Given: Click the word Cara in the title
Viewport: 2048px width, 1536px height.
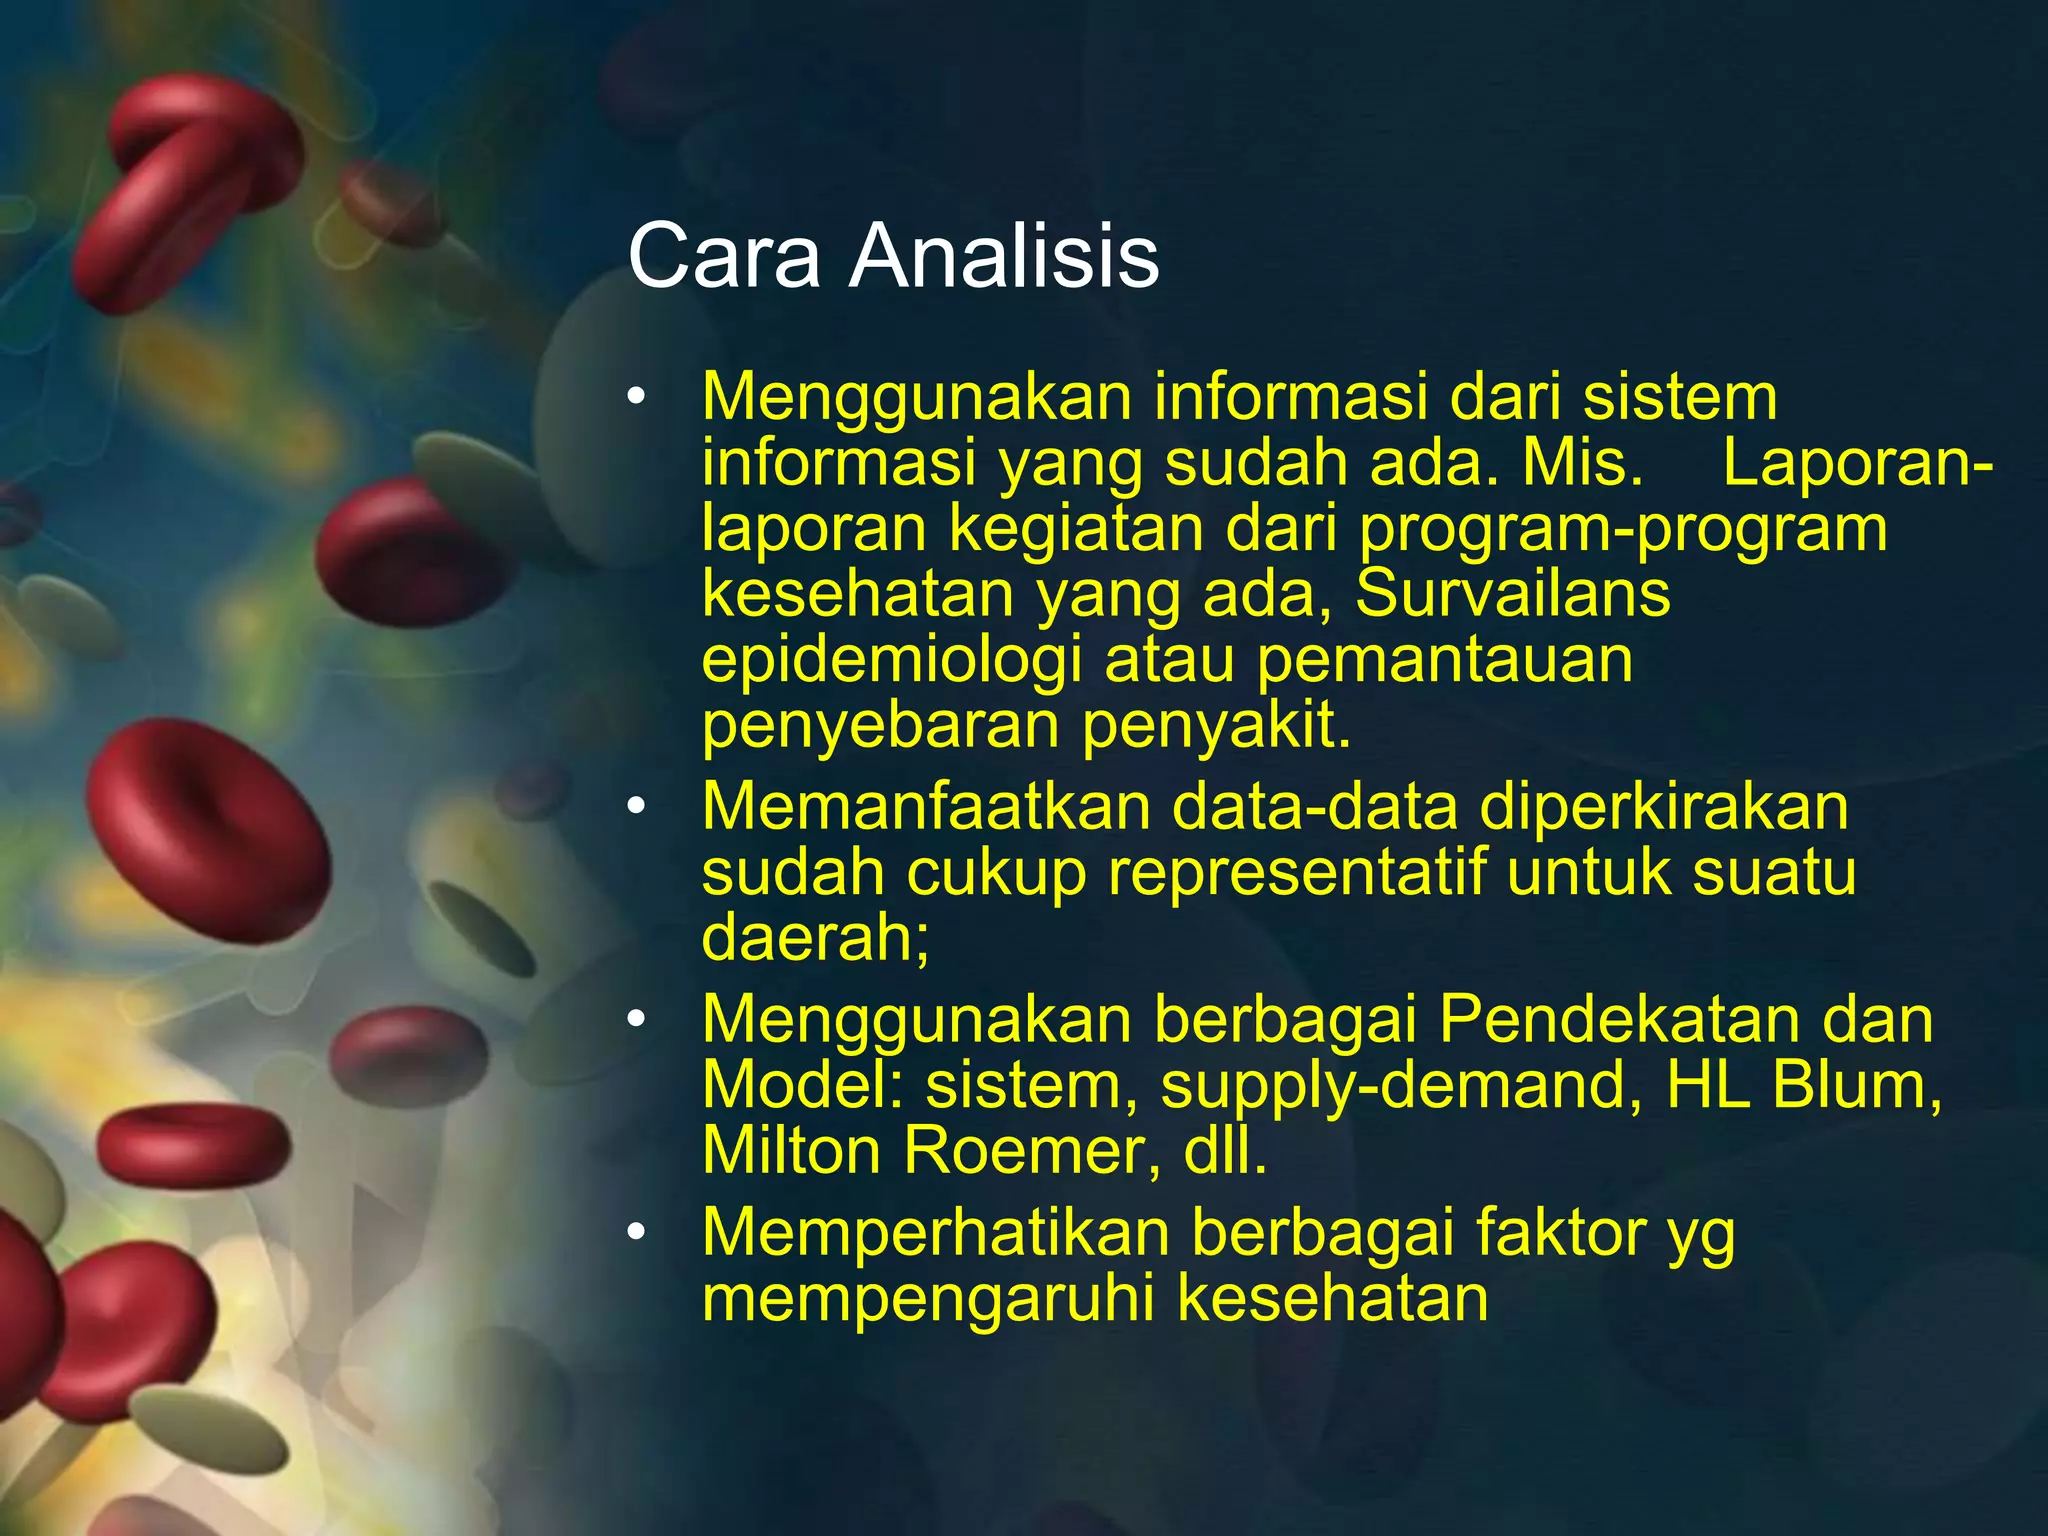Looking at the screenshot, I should [724, 257].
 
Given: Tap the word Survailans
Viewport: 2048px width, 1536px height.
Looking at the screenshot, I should [1512, 595].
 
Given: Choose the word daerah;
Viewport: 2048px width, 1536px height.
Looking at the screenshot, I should [815, 938].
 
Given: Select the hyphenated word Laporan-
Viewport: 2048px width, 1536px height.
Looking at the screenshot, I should [1857, 464].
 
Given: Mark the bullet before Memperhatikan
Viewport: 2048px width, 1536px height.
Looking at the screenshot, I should [637, 1233].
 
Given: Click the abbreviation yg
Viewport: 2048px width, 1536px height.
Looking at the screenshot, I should [1700, 1236].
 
